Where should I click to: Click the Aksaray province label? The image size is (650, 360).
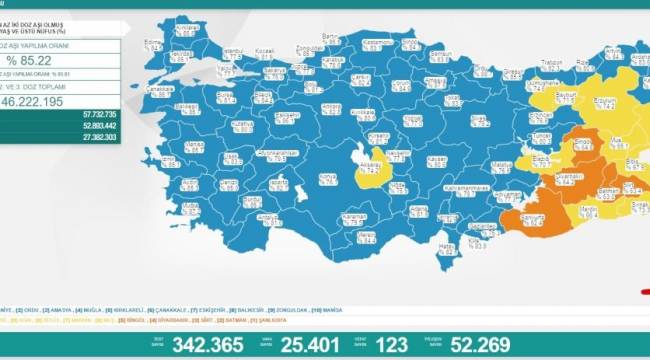tap(373, 166)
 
